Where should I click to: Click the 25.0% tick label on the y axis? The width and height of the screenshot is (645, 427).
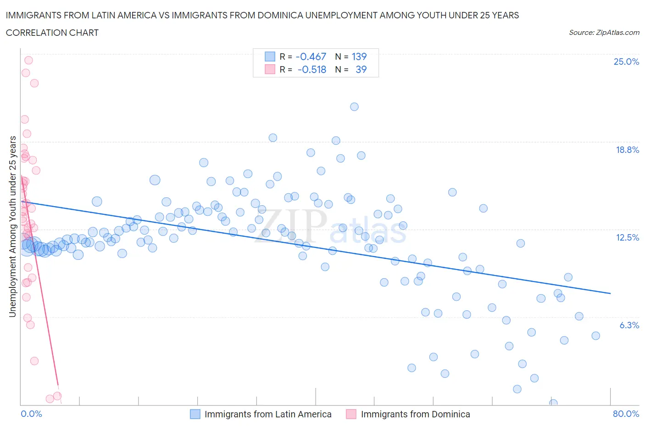point(626,62)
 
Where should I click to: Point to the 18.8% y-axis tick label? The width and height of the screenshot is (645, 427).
point(627,150)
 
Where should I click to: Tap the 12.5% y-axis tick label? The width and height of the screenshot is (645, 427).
point(627,237)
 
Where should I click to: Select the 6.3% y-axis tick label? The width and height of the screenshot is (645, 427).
point(629,325)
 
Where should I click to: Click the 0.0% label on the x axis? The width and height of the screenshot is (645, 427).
point(31,414)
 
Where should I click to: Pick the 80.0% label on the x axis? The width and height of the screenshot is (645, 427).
point(626,414)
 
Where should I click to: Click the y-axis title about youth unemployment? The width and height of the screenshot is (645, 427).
point(13,226)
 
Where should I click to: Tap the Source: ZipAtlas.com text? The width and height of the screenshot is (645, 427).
point(604,33)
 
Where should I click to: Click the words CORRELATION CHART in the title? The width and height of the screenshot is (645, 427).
point(52,33)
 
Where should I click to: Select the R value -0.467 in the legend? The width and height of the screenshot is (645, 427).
point(311,56)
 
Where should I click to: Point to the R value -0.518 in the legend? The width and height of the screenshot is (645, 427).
point(311,69)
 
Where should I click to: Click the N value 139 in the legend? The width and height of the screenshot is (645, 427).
point(359,56)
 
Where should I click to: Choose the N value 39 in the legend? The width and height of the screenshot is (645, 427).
point(361,69)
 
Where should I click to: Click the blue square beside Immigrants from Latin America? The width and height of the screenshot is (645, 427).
point(195,414)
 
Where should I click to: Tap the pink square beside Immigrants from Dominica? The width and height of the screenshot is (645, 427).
point(351,414)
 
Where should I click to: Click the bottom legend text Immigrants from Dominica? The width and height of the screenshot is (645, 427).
point(415,414)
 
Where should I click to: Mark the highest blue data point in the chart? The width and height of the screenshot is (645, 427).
point(354,107)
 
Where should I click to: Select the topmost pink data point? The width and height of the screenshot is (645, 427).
point(28,60)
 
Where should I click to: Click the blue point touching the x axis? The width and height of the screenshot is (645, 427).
point(553,403)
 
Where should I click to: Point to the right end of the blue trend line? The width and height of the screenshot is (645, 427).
point(610,293)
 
